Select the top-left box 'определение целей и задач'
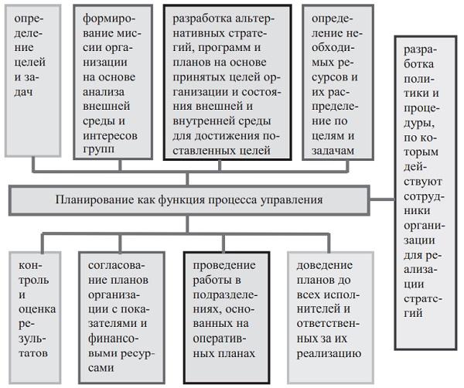32,77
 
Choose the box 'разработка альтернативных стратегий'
227,83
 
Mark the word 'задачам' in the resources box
334,149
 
